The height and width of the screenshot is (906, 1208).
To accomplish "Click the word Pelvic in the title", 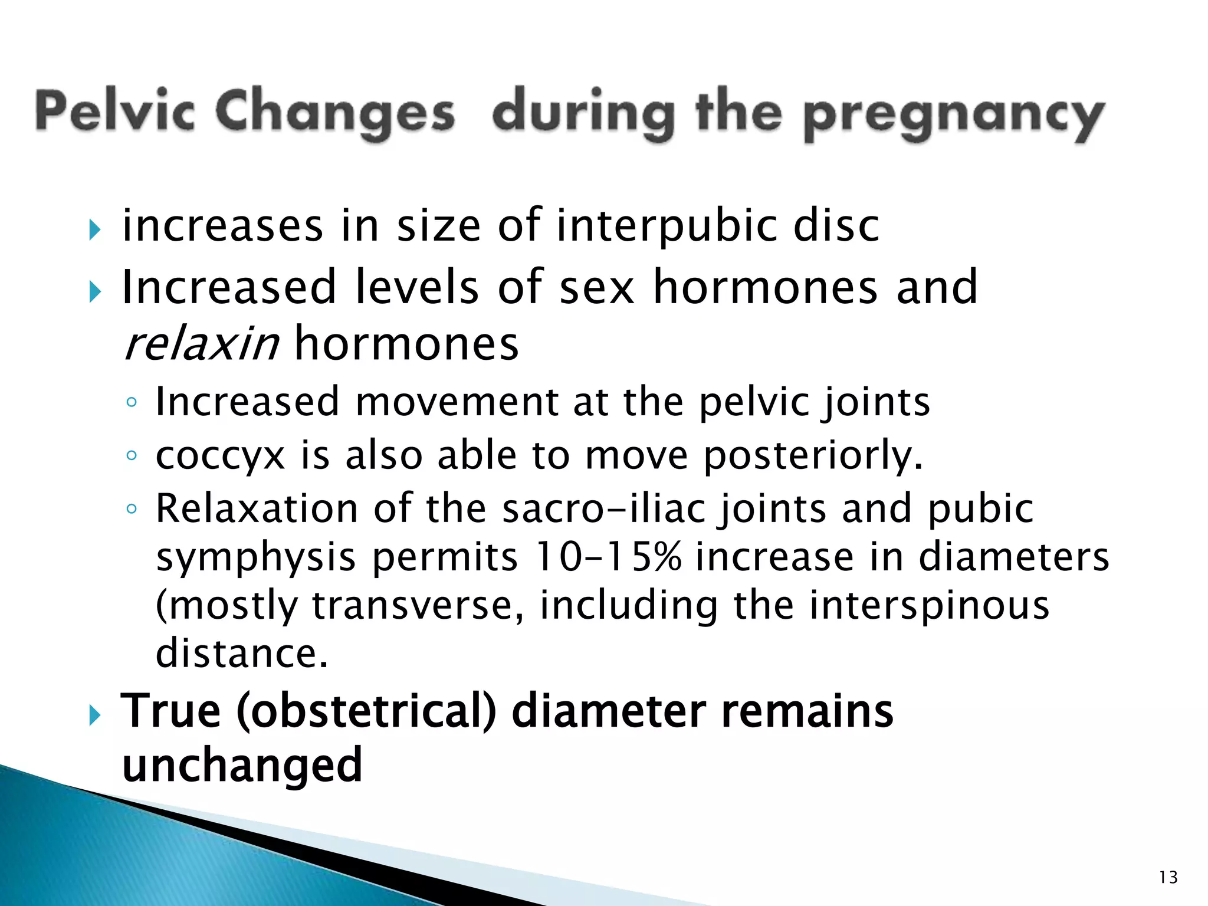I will [x=115, y=112].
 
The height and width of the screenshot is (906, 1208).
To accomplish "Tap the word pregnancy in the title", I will [x=954, y=115].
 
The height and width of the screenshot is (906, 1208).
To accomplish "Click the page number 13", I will [x=1168, y=878].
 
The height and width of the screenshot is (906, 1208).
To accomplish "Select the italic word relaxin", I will [x=202, y=344].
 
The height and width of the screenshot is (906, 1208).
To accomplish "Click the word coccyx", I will [x=220, y=456].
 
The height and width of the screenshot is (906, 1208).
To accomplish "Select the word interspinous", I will [x=929, y=606].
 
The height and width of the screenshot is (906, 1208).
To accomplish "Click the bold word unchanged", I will [x=242, y=764].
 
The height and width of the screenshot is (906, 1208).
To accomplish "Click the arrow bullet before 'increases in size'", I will [x=94, y=229].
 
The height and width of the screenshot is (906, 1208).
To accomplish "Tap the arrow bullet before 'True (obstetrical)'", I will [x=94, y=715].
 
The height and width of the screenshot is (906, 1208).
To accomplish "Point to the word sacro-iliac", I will [x=603, y=508].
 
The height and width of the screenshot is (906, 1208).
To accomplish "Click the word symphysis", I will [x=256, y=558].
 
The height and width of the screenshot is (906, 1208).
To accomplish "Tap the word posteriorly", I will [x=813, y=456].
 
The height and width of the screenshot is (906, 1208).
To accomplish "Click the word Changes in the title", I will [x=334, y=112].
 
